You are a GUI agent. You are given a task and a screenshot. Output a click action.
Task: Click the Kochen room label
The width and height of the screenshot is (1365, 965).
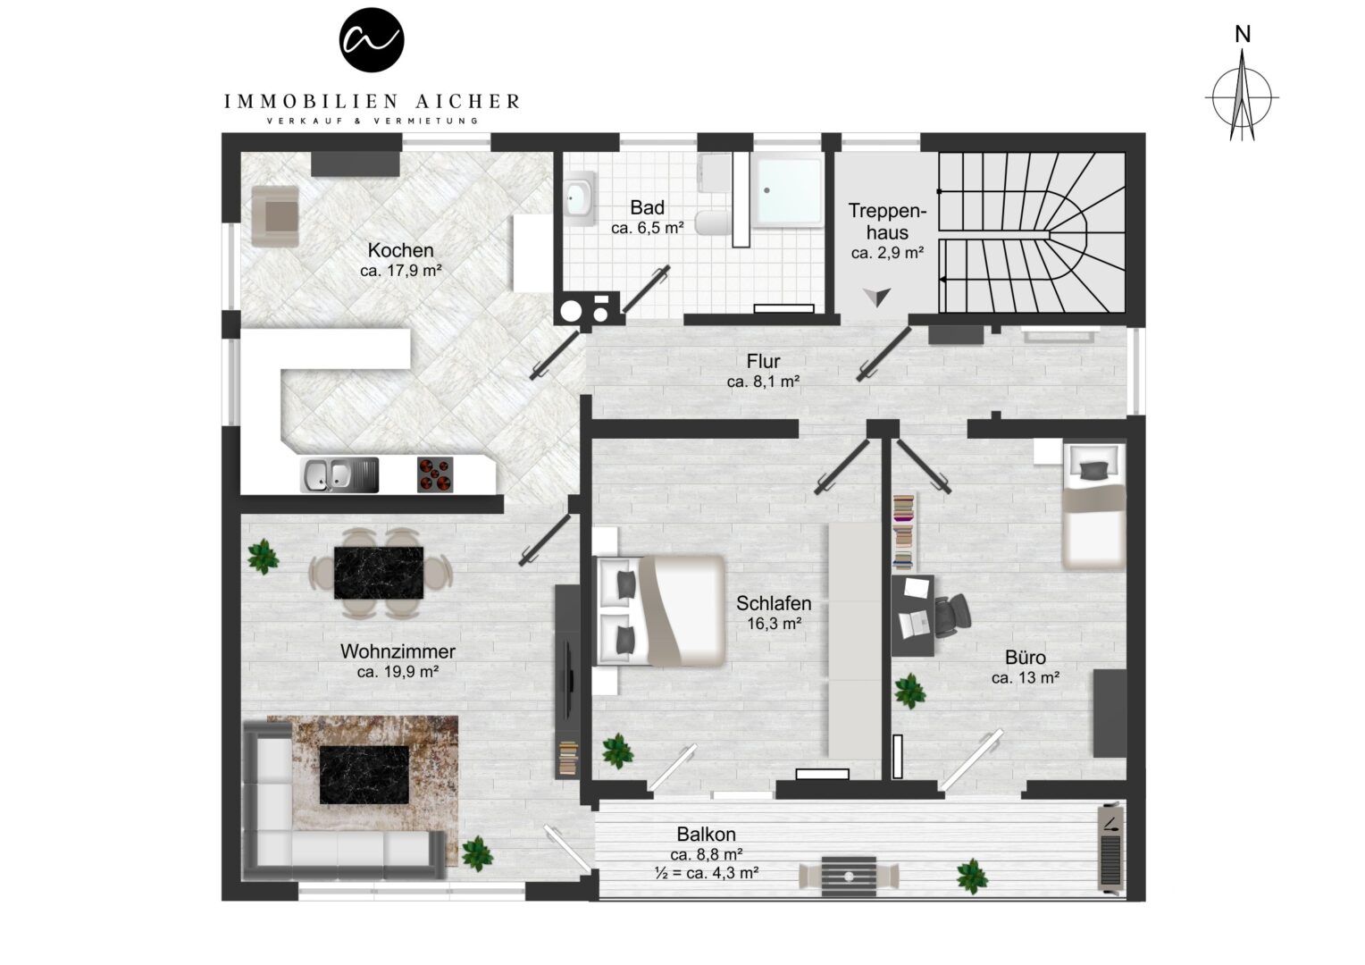(x=400, y=250)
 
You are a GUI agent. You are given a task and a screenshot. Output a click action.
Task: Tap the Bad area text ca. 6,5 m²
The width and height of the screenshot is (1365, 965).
(x=647, y=228)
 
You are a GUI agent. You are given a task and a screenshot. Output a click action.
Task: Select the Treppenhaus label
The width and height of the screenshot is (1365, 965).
(x=887, y=222)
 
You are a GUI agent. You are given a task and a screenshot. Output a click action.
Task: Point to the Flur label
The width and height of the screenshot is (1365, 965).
(x=763, y=361)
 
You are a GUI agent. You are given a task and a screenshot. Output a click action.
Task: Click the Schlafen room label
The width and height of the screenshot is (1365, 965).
(x=774, y=603)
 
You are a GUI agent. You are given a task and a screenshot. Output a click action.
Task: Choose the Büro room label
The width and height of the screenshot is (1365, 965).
(x=1025, y=657)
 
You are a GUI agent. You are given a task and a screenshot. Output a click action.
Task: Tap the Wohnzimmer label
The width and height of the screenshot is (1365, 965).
(x=398, y=651)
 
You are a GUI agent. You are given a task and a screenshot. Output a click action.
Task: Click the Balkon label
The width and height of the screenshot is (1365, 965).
(x=707, y=834)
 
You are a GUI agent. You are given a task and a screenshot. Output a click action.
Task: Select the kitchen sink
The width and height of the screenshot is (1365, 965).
(x=339, y=474)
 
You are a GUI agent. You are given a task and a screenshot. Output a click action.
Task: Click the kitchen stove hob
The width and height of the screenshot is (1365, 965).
(x=435, y=474)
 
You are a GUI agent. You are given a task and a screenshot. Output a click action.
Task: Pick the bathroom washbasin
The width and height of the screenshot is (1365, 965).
(x=578, y=198)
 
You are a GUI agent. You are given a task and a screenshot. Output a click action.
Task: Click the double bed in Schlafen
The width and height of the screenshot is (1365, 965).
(x=660, y=611)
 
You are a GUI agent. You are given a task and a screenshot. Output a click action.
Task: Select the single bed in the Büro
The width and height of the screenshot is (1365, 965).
(x=1093, y=506)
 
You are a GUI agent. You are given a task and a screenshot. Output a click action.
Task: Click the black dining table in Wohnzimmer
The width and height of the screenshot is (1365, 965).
(x=379, y=573)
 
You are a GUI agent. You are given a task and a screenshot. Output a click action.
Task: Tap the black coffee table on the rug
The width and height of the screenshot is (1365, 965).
(x=364, y=774)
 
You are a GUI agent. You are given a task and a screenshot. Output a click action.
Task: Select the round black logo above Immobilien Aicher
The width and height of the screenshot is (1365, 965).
(x=371, y=40)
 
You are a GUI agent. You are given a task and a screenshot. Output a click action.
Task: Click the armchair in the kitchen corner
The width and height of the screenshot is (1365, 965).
(x=275, y=216)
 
